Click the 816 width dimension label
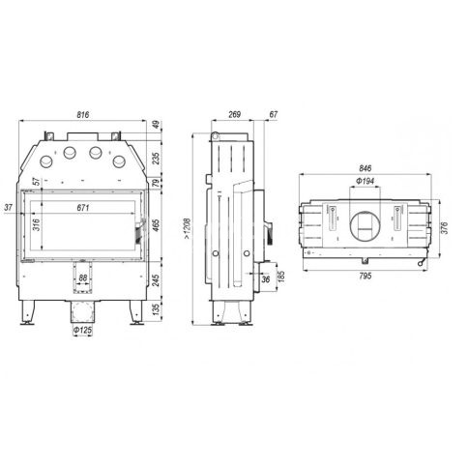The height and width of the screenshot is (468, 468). click(x=83, y=114)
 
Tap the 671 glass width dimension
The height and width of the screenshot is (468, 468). click(x=83, y=208)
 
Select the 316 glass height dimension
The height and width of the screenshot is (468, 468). click(x=37, y=224)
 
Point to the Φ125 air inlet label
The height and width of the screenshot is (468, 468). click(x=82, y=330)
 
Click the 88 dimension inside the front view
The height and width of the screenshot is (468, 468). click(x=83, y=278)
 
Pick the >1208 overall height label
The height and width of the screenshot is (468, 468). click(x=188, y=229)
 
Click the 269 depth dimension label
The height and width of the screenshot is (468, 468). click(x=235, y=114)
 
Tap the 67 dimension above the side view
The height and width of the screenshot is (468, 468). click(x=273, y=114)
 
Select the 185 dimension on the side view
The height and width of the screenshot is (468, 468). click(x=280, y=277)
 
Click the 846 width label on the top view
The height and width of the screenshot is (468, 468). click(x=365, y=168)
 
